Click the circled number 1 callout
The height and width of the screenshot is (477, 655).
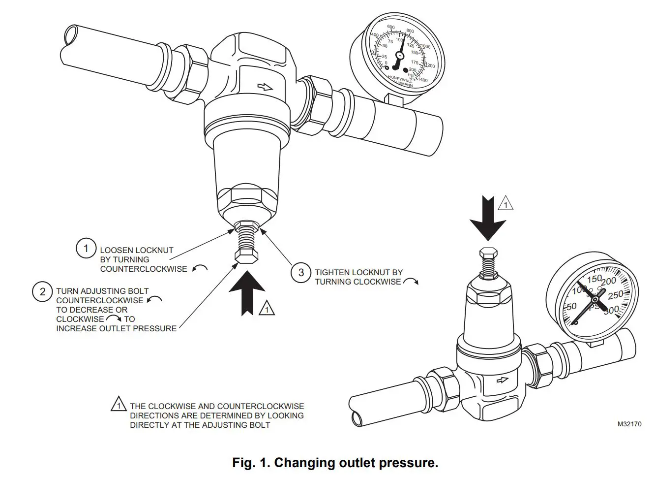(86, 248)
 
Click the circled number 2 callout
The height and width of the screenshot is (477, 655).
(43, 292)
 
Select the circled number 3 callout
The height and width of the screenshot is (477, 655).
(301, 272)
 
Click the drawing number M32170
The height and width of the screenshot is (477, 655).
(629, 424)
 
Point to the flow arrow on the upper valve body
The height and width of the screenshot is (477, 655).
(265, 87)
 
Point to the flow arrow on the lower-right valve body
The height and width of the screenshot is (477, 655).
(502, 380)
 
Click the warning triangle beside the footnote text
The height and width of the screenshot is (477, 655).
(119, 405)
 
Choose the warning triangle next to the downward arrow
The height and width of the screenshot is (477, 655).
(506, 203)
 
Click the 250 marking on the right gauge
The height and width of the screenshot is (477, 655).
(615, 294)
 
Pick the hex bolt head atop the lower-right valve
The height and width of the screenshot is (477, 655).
(488, 253)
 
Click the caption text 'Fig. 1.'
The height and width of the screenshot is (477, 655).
(251, 463)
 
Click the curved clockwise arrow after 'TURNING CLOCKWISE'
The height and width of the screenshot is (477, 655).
(411, 282)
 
